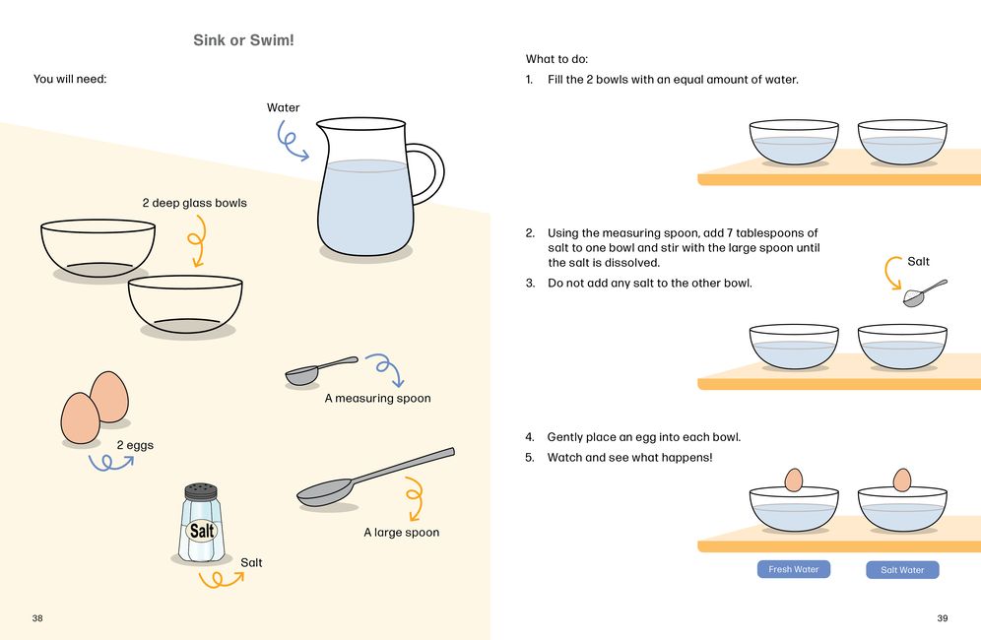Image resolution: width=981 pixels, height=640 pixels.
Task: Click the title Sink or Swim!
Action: (243, 40)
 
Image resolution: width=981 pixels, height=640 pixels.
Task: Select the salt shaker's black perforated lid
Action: (201, 491)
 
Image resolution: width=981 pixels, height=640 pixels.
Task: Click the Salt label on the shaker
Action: (202, 531)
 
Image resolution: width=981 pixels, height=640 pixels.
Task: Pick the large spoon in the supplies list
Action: (375, 478)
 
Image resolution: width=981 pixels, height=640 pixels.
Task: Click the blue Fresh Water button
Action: (793, 569)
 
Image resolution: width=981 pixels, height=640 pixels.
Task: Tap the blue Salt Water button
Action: (902, 570)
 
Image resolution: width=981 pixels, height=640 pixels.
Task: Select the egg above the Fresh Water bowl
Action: (793, 480)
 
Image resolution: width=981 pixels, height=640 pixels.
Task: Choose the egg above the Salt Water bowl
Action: (901, 480)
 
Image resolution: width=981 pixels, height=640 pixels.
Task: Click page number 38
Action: (37, 618)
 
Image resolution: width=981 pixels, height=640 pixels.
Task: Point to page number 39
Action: (943, 618)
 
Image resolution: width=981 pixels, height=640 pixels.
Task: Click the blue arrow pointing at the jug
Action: (289, 143)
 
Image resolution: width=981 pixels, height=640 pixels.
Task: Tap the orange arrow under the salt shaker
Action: (222, 581)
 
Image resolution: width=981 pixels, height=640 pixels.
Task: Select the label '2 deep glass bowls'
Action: (195, 203)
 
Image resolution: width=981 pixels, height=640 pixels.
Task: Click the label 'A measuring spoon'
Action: (378, 398)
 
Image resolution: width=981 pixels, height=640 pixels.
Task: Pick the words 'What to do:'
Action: (556, 59)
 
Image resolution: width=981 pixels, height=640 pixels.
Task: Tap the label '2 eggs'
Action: (135, 445)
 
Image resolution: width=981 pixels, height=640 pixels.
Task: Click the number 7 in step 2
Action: (730, 232)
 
